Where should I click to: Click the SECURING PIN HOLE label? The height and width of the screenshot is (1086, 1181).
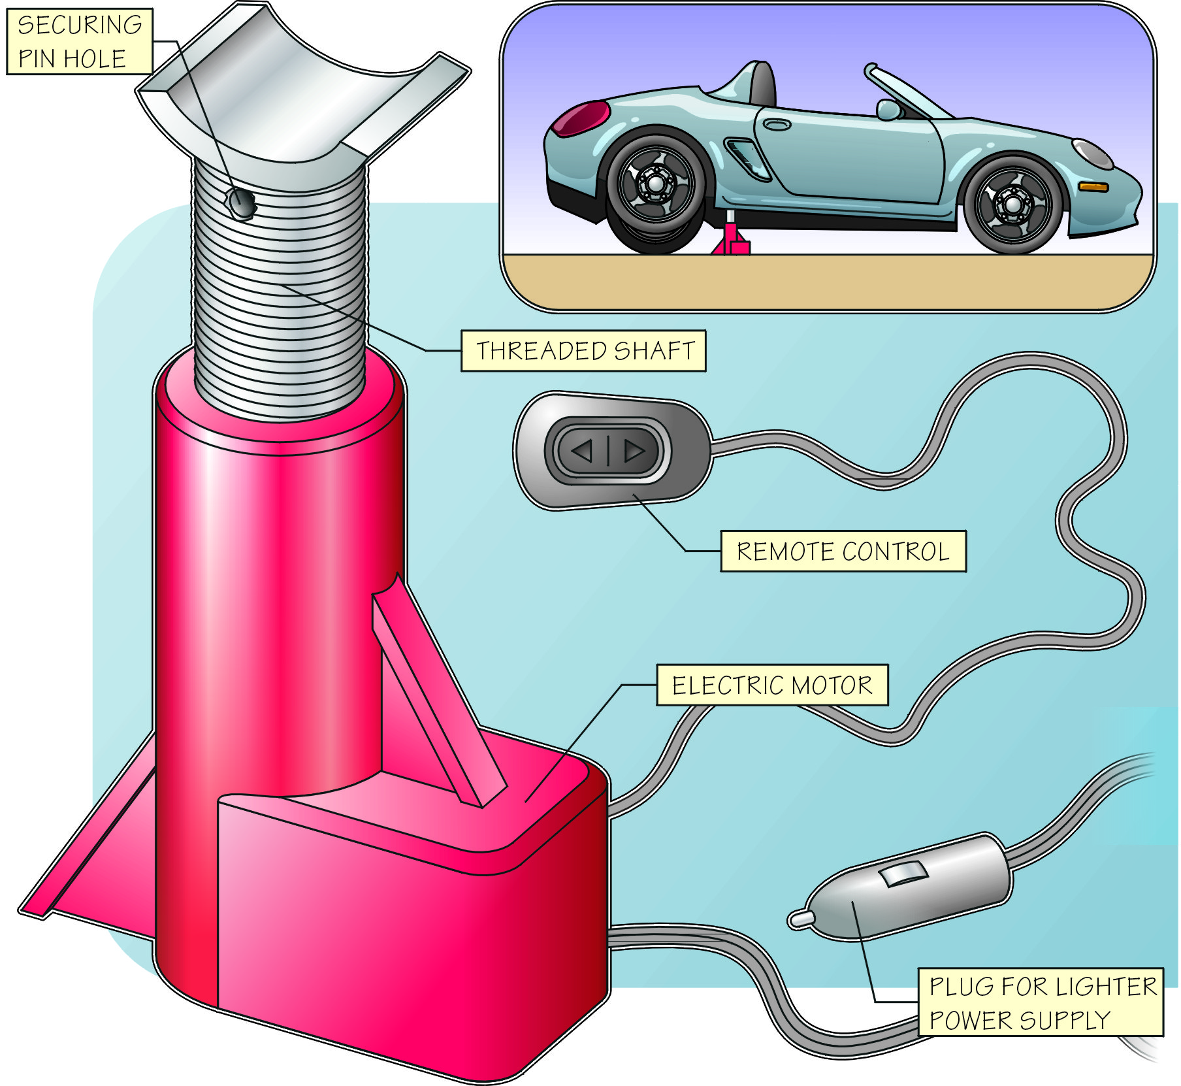(79, 41)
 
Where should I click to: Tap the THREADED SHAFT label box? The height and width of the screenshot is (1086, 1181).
(583, 351)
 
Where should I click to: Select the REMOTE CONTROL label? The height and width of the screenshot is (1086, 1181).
(843, 551)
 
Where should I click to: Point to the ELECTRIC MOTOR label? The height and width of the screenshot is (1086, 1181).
(771, 685)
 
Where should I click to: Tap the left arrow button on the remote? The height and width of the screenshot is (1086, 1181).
(582, 451)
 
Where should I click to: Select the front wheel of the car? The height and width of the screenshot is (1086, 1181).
(1012, 204)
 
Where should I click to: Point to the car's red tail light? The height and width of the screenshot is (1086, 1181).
(577, 118)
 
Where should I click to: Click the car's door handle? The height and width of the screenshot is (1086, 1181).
(777, 125)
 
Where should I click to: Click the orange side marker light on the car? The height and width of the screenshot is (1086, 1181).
(1093, 187)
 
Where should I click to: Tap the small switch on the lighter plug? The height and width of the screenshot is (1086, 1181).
(904, 874)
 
